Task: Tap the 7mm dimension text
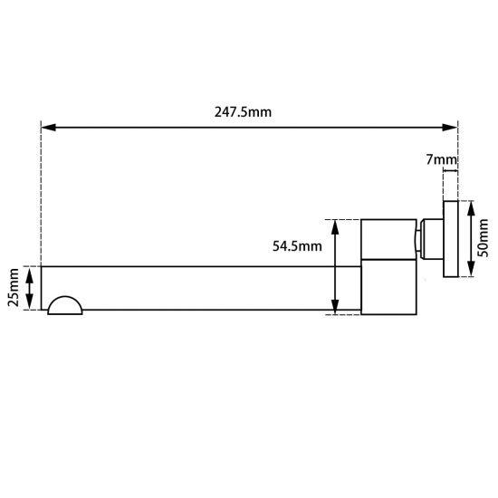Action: [441, 160]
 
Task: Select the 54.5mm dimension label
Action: [297, 246]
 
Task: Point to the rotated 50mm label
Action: [484, 237]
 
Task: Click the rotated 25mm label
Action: [13, 288]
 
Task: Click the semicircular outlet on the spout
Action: [65, 305]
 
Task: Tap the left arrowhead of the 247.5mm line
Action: [47, 128]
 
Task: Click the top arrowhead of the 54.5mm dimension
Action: [336, 225]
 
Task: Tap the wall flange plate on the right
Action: [450, 237]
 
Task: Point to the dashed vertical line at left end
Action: [41, 199]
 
